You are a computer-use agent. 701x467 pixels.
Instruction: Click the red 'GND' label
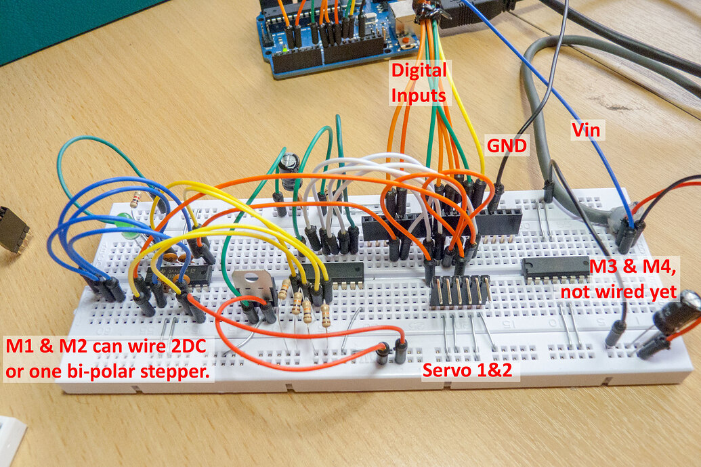click(508, 145)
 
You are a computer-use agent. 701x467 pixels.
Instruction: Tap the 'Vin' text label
click(587, 129)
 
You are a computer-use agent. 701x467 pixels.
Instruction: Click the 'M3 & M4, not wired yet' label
click(633, 279)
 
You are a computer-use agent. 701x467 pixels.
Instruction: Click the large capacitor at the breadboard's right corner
click(681, 311)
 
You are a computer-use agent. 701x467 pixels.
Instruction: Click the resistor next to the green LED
click(135, 200)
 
